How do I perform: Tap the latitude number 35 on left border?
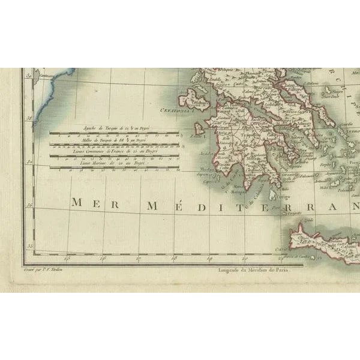tap(28, 245)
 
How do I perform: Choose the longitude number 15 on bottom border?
tap(68, 259)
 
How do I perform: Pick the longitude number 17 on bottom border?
tap(139, 259)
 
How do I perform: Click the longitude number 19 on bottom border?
tap(210, 259)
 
